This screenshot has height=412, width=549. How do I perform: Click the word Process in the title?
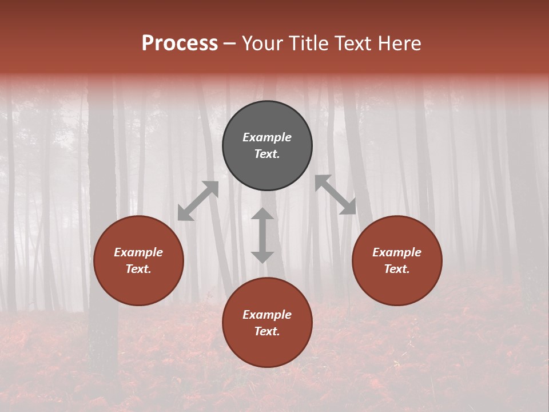pyautogui.click(x=180, y=43)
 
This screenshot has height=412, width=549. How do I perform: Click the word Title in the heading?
pyautogui.click(x=311, y=43)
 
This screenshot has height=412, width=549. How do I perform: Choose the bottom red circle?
pyautogui.click(x=267, y=349)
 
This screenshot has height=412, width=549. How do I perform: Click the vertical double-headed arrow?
pyautogui.click(x=262, y=235)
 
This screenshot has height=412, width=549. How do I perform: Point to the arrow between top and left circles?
pyautogui.click(x=198, y=201)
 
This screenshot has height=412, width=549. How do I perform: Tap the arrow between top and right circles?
pyautogui.click(x=336, y=195)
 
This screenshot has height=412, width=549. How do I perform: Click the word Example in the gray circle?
pyautogui.click(x=267, y=137)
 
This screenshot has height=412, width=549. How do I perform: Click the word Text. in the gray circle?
pyautogui.click(x=267, y=154)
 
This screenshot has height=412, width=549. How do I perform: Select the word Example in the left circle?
pyautogui.click(x=138, y=252)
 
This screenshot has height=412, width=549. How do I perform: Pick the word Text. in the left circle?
pyautogui.click(x=138, y=269)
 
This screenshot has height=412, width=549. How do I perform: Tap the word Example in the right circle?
pyautogui.click(x=397, y=252)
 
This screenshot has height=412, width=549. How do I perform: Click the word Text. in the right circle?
pyautogui.click(x=397, y=269)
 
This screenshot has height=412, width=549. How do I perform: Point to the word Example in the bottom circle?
pyautogui.click(x=267, y=315)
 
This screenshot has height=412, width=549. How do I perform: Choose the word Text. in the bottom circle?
pyautogui.click(x=267, y=331)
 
